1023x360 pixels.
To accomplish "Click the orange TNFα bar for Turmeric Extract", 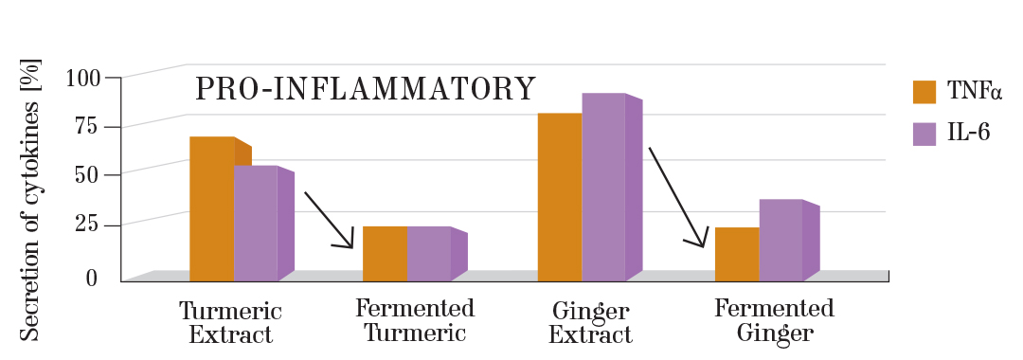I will pos(212,208).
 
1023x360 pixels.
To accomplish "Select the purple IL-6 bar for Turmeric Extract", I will pos(256,224).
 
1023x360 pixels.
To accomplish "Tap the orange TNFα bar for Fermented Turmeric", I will pos(385,254).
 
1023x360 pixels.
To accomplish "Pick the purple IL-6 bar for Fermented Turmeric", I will pos(428,254).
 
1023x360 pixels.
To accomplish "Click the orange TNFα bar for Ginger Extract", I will pos(560,197).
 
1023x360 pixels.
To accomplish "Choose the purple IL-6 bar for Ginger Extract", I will pos(603,187).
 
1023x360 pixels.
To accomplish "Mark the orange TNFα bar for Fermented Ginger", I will pos(737,254).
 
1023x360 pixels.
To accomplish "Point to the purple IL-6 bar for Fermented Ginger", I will pos(781,240).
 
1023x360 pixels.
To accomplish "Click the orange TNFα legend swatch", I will pos(924,92).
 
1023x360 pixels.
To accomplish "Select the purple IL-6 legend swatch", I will pos(924,134).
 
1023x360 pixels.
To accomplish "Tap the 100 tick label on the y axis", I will pos(81,78).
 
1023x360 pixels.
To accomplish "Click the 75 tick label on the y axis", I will pos(87,127).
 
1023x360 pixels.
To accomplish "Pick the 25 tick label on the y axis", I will pos(87,225).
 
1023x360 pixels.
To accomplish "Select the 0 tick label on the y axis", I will pos(92,278).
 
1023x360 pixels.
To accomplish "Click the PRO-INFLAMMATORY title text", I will pos(366,89).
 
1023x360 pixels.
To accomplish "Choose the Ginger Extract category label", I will pos(590,323).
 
